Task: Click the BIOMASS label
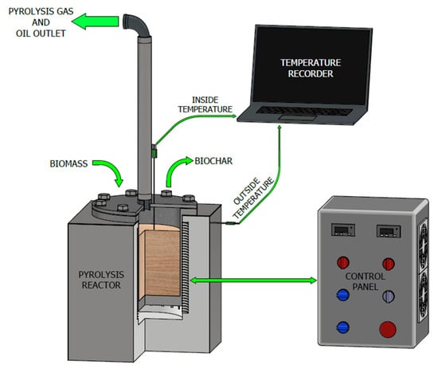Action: pyautogui.click(x=68, y=163)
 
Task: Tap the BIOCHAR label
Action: pyautogui.click(x=213, y=161)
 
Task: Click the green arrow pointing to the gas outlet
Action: pyautogui.click(x=96, y=22)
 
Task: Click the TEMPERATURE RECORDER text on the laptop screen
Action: pyautogui.click(x=311, y=68)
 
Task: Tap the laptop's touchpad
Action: pyautogui.click(x=298, y=117)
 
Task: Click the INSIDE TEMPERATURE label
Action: pyautogui.click(x=205, y=104)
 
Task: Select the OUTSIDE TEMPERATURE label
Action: pyautogui.click(x=253, y=198)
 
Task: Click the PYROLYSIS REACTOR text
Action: pyautogui.click(x=101, y=280)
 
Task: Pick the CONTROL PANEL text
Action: pyautogui.click(x=365, y=281)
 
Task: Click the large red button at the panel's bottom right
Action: pyautogui.click(x=388, y=329)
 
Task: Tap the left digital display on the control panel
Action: pyautogui.click(x=343, y=230)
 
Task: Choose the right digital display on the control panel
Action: pyautogui.click(x=389, y=231)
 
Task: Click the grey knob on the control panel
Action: pyautogui.click(x=389, y=296)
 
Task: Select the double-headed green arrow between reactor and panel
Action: pyautogui.click(x=253, y=281)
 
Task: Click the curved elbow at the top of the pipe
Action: pyautogui.click(x=137, y=25)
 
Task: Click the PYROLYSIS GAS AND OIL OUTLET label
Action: pyautogui.click(x=41, y=22)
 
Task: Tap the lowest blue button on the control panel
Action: pyautogui.click(x=343, y=328)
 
